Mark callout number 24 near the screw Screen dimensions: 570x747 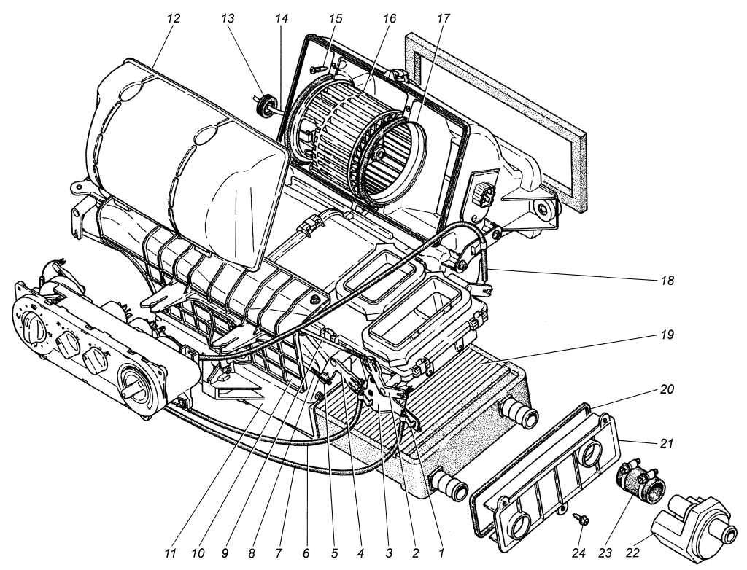(x=579, y=553)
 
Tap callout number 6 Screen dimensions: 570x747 (x=306, y=553)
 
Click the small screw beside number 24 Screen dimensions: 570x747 (x=582, y=520)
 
